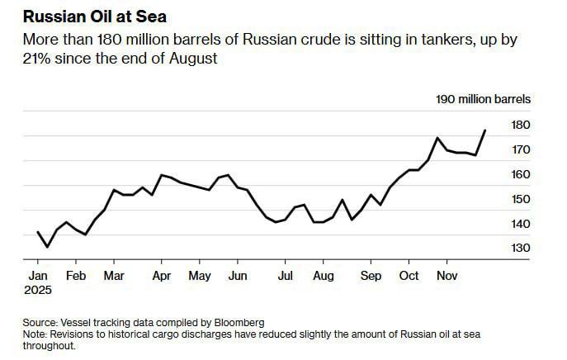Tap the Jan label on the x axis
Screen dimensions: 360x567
pyautogui.click(x=37, y=276)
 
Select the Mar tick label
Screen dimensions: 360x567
pyautogui.click(x=114, y=276)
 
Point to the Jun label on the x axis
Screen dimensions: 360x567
pyautogui.click(x=238, y=276)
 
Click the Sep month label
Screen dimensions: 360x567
pyautogui.click(x=371, y=276)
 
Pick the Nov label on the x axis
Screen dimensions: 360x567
pyautogui.click(x=447, y=276)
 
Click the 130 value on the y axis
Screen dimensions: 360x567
pyautogui.click(x=520, y=249)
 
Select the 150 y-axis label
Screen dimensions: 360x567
pyautogui.click(x=520, y=199)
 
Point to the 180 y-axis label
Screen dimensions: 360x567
pyautogui.click(x=520, y=125)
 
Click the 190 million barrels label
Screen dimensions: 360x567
pyautogui.click(x=483, y=99)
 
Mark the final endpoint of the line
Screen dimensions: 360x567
pyautogui.click(x=485, y=130)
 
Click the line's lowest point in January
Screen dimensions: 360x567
pyautogui.click(x=47, y=247)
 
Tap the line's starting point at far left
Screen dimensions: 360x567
pyautogui.click(x=37, y=232)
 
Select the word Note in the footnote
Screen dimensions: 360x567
pyautogui.click(x=35, y=334)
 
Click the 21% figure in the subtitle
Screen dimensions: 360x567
pyautogui.click(x=37, y=59)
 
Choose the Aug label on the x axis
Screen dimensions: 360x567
pyautogui.click(x=324, y=276)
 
